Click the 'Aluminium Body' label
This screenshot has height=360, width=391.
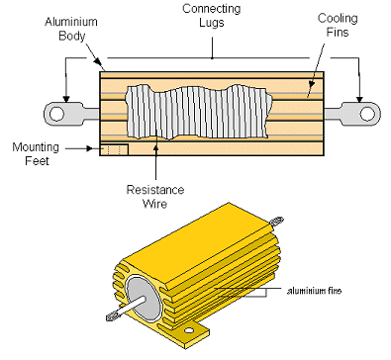coord(71,29)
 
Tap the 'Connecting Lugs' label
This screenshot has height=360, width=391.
coord(212,15)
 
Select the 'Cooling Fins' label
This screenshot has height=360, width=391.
coord(338,25)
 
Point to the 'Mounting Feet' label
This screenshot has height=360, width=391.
coord(36,154)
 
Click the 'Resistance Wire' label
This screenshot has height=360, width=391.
coord(155,197)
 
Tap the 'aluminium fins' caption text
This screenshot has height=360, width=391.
coord(314,291)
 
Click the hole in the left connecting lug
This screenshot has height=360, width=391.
coord(56,114)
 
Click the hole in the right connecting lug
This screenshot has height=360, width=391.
coord(367,114)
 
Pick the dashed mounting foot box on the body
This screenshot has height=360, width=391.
coord(114,149)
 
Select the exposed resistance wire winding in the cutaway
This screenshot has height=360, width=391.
coord(199,112)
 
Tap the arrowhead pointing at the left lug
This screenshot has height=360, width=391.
coord(66,99)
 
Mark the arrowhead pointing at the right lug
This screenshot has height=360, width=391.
coord(359,99)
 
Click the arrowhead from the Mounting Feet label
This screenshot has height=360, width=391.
coord(89,148)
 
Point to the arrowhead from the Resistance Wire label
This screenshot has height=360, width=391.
coord(155,147)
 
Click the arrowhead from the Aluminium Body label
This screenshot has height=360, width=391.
coord(97,61)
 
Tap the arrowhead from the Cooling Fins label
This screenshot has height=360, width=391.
coord(311,85)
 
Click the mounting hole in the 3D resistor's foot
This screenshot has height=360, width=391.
coord(189,330)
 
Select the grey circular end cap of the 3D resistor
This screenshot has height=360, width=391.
coord(143,298)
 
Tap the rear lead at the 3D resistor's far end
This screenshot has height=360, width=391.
coord(276,221)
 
